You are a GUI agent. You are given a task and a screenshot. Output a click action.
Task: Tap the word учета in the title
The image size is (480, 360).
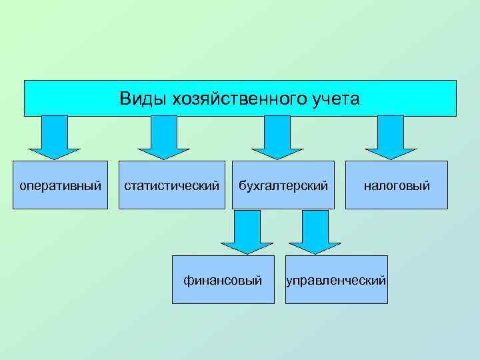[x=335, y=99]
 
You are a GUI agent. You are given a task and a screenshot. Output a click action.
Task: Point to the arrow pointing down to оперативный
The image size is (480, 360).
[x=55, y=137]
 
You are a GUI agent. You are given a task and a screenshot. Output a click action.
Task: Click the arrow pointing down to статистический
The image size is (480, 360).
[x=163, y=137]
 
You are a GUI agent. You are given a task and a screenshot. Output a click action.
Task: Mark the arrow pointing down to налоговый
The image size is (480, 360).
[x=391, y=137]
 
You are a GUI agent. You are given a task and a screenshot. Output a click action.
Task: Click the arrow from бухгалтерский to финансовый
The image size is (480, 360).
[x=247, y=231]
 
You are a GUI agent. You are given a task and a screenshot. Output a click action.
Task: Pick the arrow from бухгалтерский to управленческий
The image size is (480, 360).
[x=315, y=231]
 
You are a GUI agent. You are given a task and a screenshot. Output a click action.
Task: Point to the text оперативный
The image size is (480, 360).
[x=60, y=185]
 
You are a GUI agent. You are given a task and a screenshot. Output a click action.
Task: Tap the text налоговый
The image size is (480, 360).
[x=396, y=185]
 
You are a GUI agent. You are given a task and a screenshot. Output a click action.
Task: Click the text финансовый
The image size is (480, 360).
[x=223, y=280]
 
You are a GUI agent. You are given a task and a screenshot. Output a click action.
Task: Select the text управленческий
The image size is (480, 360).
[x=336, y=281]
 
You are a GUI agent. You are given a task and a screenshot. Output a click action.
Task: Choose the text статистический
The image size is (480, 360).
[x=172, y=185]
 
